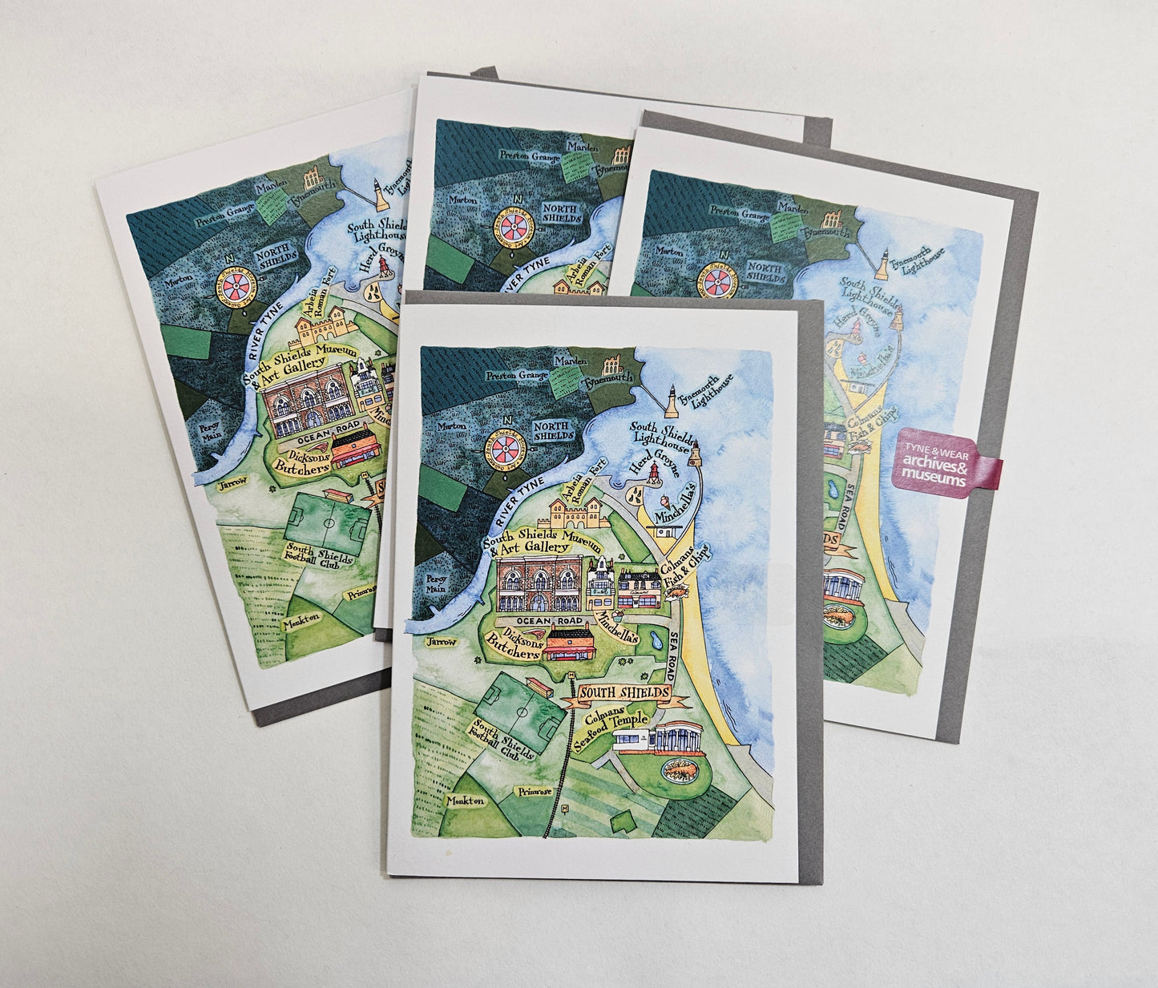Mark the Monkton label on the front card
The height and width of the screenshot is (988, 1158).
[467, 800]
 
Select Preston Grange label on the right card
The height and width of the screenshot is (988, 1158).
[740, 214]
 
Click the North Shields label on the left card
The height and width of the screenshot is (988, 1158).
[276, 258]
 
